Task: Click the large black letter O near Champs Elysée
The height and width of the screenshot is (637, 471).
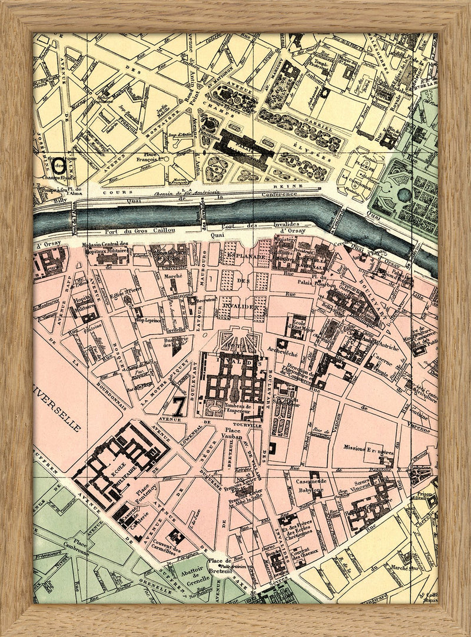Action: point(58,162)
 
